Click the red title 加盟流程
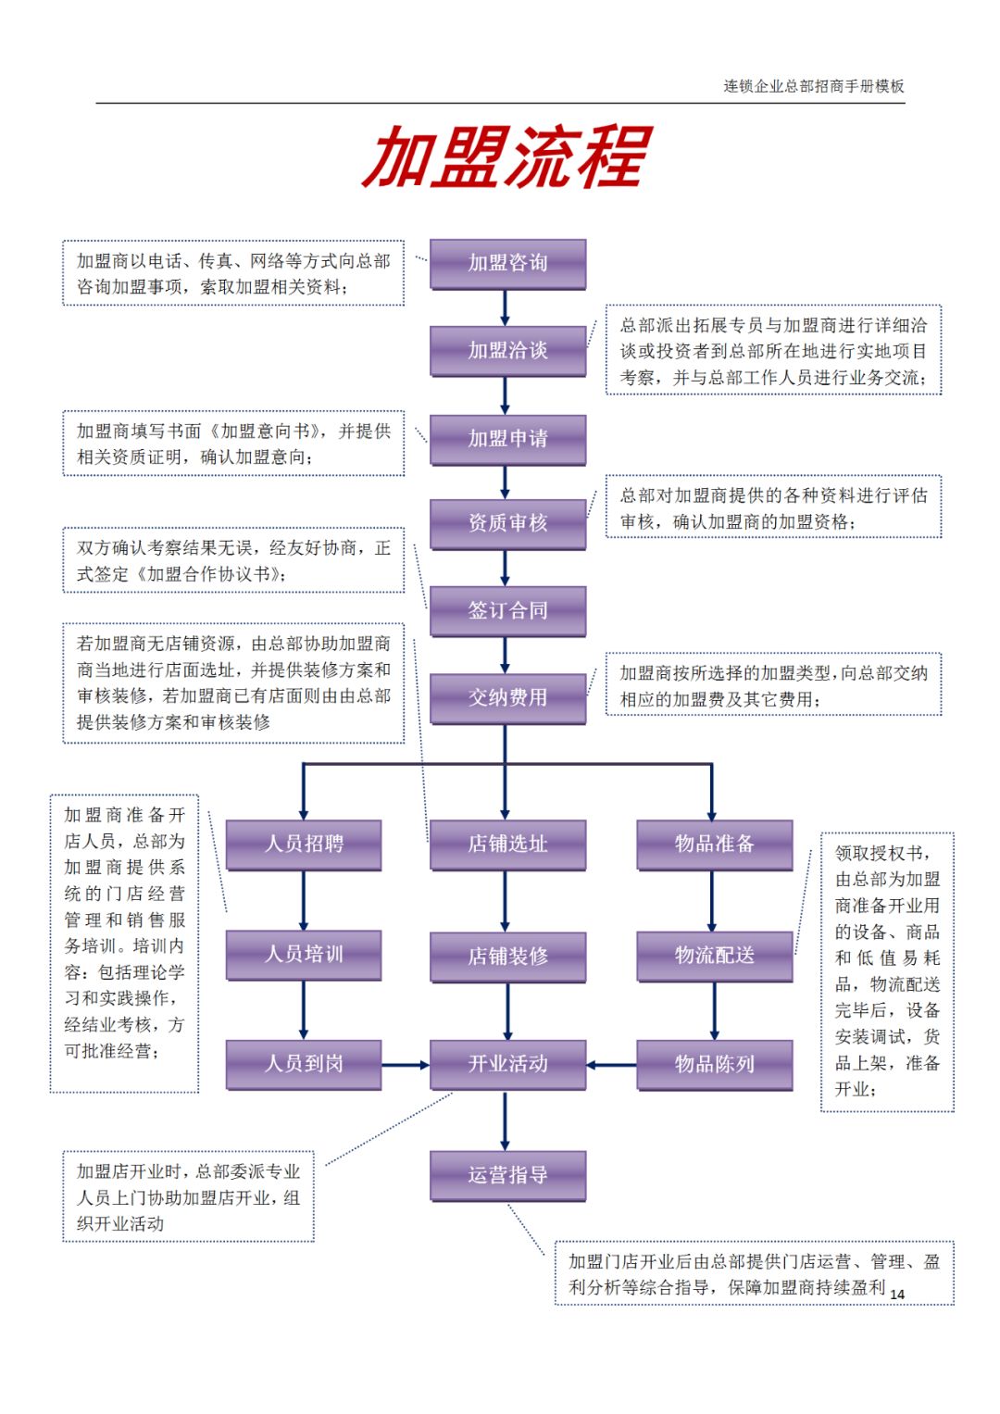[506, 158]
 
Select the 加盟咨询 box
[507, 264]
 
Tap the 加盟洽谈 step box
[507, 351]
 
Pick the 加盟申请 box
[507, 439]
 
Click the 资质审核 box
[507, 524]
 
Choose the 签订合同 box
[507, 611]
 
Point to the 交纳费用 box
[507, 698]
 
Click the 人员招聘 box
[304, 845]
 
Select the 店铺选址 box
[507, 845]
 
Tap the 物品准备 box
[714, 845]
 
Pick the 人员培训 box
[304, 955]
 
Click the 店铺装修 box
[507, 957]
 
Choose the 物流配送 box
[714, 957]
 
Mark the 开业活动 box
[507, 1065]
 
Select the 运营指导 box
[507, 1176]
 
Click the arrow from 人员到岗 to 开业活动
[406, 1065]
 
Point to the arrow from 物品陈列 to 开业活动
[611, 1065]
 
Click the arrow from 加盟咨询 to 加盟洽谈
[505, 307]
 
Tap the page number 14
[897, 1294]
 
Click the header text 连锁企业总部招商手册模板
[813, 86]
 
